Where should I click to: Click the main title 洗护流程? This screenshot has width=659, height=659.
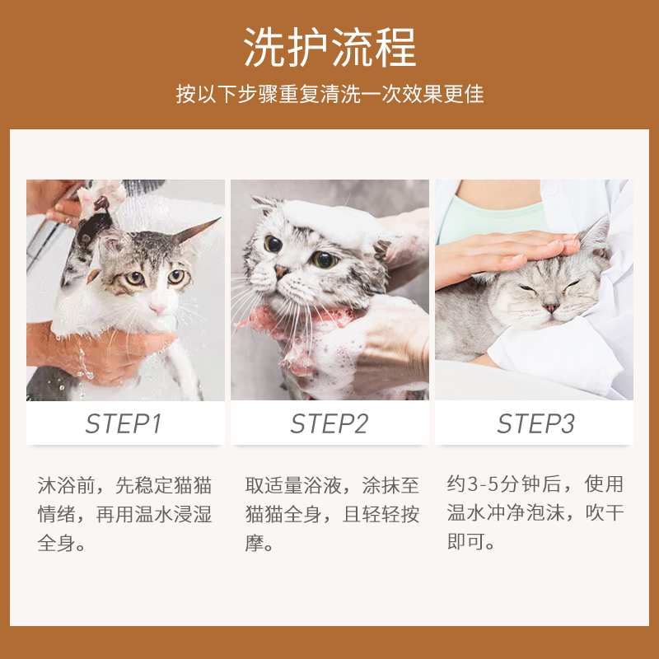tap(329, 47)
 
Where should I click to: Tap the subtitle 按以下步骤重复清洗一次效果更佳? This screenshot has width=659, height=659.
tap(329, 94)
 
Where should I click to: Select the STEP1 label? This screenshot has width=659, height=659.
tap(124, 423)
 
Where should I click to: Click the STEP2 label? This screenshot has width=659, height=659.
tap(329, 423)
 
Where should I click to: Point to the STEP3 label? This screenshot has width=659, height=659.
tap(535, 423)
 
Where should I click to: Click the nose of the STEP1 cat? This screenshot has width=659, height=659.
tap(156, 306)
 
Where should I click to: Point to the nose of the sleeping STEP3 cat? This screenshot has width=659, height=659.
tap(550, 307)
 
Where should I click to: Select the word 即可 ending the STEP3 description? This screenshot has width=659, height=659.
tap(466, 544)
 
